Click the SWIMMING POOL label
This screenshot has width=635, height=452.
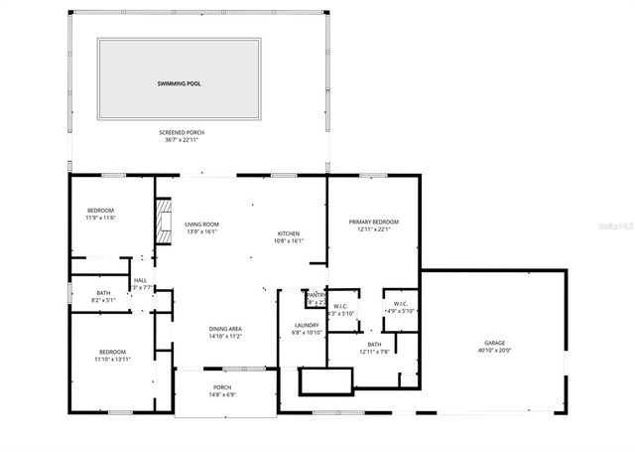179,83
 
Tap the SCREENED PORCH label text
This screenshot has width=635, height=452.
179,132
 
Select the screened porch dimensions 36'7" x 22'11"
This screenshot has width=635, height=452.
179,140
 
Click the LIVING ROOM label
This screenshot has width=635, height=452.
202,225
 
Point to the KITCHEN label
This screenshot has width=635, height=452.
288,233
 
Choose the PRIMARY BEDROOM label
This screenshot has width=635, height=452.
373,222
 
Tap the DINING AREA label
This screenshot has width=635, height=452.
225,329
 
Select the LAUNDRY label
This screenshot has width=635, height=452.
306,325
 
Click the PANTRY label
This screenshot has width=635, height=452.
317,295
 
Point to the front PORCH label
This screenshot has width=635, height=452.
222,387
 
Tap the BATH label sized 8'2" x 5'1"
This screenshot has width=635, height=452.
103,292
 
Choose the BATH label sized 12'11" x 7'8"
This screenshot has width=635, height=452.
373,344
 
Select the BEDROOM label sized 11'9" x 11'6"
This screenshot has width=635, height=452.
100,211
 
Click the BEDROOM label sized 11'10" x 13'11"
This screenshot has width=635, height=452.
112,352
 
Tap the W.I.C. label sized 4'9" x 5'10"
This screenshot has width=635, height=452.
400,304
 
